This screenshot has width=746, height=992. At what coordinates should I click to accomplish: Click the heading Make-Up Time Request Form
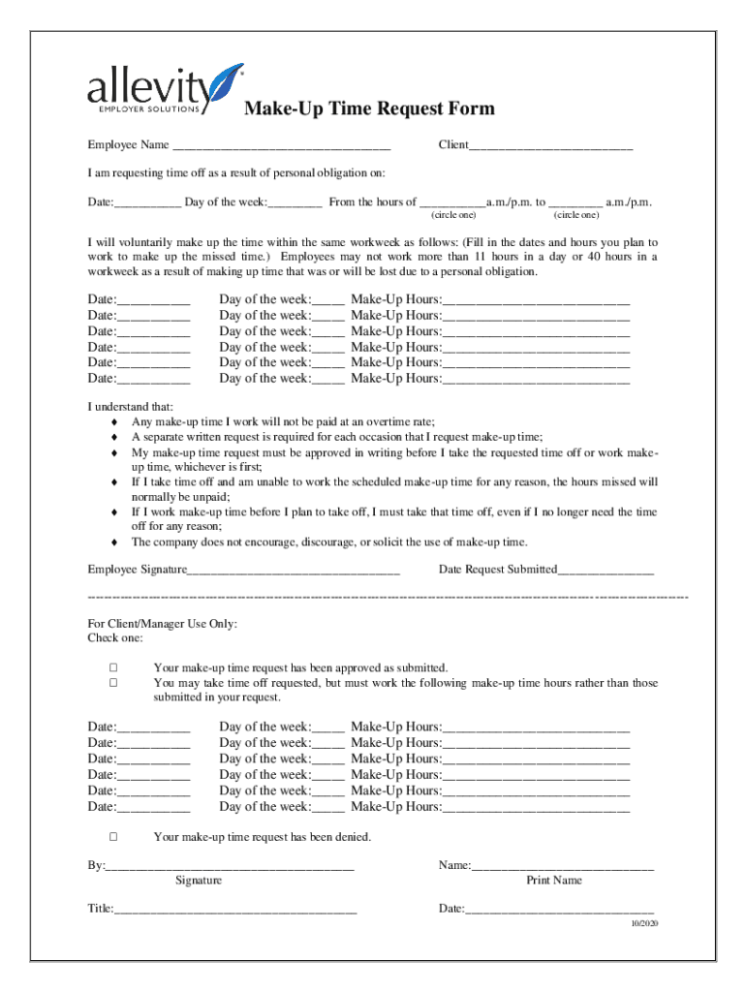click(369, 108)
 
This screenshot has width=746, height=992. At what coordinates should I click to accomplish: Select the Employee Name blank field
click(281, 146)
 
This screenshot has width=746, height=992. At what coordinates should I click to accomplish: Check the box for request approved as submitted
click(113, 667)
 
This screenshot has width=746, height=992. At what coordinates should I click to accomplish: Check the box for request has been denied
click(113, 836)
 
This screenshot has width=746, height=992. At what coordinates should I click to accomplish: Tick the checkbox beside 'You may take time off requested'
click(113, 683)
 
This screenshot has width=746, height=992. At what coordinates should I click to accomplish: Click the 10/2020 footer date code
click(640, 924)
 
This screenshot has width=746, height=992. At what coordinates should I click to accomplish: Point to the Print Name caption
click(554, 881)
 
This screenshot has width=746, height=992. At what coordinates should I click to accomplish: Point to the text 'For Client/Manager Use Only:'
click(162, 624)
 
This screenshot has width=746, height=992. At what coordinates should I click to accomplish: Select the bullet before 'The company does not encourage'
click(115, 542)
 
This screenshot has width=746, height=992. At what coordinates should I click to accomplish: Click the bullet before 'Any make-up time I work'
click(115, 421)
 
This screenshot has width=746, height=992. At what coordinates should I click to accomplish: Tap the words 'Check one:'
click(115, 638)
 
